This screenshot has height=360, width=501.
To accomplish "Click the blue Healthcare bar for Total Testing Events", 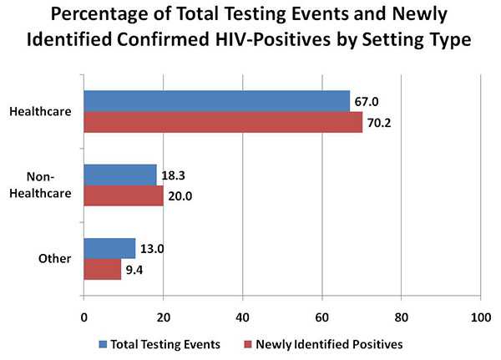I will pyautogui.click(x=216, y=101).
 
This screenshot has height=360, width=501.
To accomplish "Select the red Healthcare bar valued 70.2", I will pyautogui.click(x=223, y=122).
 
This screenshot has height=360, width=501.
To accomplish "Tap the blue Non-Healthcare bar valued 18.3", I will pyautogui.click(x=119, y=175).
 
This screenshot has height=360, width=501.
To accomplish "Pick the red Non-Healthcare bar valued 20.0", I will pyautogui.click(x=123, y=195).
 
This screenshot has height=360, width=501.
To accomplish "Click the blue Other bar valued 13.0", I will pyautogui.click(x=109, y=248).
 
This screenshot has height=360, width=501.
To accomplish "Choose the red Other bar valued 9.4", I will pyautogui.click(x=102, y=268).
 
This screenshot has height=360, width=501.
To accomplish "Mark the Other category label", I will pyautogui.click(x=56, y=258).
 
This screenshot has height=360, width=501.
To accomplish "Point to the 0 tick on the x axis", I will pyautogui.click(x=83, y=318).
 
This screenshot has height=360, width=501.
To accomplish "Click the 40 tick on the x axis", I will pyautogui.click(x=242, y=318).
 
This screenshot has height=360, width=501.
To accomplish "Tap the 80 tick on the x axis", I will pyautogui.click(x=401, y=318).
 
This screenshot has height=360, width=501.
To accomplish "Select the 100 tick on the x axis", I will pyautogui.click(x=480, y=318).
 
